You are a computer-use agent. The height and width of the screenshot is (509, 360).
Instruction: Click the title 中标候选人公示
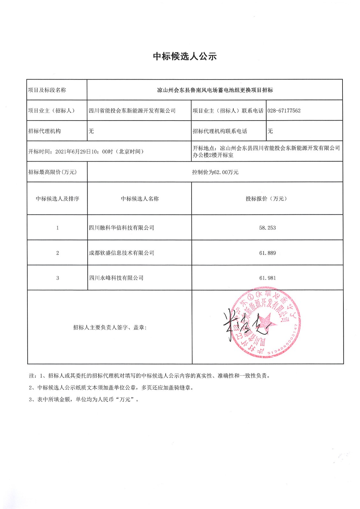tap(185, 56)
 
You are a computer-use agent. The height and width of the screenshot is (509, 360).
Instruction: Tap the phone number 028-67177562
tap(284, 111)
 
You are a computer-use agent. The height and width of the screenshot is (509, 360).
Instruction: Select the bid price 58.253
tap(267, 228)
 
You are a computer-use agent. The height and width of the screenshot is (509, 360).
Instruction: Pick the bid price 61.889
tap(267, 253)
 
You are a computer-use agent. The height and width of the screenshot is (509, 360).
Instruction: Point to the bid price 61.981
tap(267, 278)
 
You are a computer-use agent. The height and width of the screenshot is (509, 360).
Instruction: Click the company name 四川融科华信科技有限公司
tap(122, 228)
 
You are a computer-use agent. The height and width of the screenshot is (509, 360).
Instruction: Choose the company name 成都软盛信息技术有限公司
tap(122, 253)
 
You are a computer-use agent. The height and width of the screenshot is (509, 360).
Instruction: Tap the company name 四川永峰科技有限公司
tap(116, 278)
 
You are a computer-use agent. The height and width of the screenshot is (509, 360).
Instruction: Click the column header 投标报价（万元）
tap(267, 199)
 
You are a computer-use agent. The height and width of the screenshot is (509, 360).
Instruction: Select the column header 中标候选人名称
tap(140, 199)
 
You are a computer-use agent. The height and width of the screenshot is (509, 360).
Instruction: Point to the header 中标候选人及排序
tap(57, 199)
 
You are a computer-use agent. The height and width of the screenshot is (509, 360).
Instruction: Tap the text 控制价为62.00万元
tap(215, 172)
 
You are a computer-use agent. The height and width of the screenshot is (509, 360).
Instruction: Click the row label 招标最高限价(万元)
tap(53, 172)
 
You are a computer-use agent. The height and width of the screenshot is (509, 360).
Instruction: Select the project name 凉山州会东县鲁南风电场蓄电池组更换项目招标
tap(215, 90)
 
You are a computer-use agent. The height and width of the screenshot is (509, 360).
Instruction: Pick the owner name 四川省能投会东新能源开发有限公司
tap(132, 111)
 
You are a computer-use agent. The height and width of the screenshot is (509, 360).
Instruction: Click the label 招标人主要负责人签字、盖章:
tap(110, 327)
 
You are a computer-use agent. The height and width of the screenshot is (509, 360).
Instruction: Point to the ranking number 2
tap(58, 253)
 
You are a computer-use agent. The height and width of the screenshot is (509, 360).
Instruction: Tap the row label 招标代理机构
tap(44, 131)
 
